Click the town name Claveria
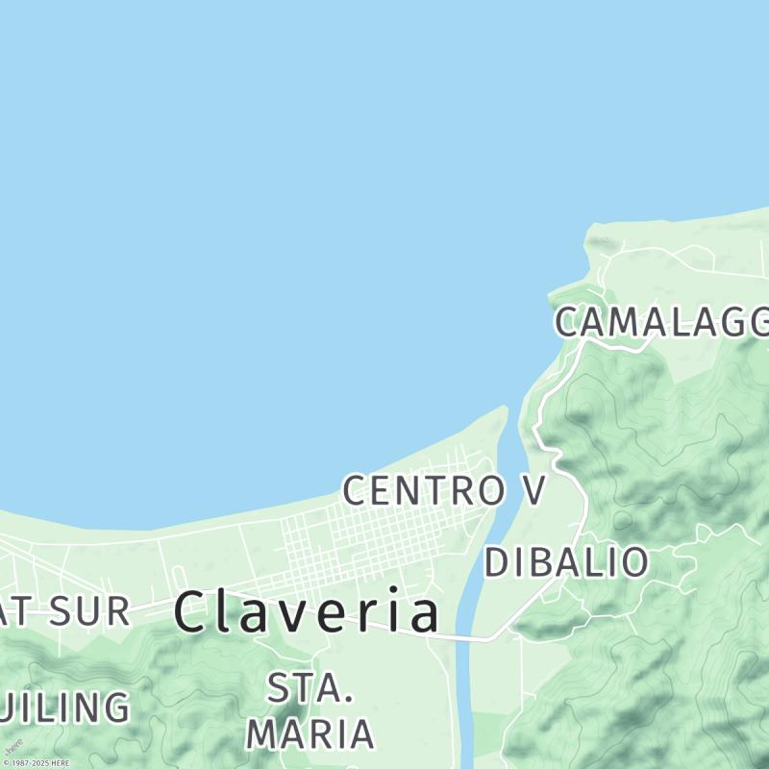[308, 612]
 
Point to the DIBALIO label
[566, 562]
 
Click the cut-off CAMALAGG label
[662, 323]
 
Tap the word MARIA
[310, 732]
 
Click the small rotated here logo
[13, 746]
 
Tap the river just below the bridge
[464, 673]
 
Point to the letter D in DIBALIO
[496, 562]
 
